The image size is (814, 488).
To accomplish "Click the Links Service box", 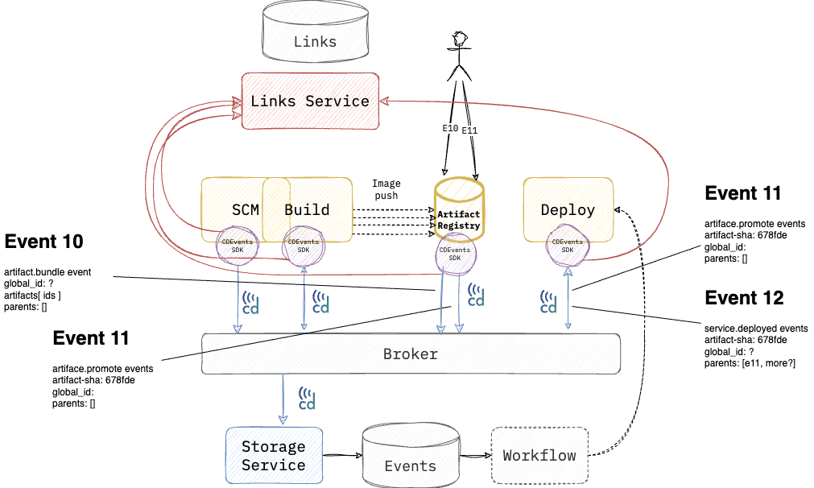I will click(x=310, y=101).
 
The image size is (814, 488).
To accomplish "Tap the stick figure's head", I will click(x=460, y=39).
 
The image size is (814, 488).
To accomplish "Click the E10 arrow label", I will click(x=450, y=128).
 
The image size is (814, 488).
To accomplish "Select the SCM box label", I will click(x=246, y=210).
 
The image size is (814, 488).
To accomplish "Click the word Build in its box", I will click(x=308, y=210).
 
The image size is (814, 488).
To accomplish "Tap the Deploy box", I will click(x=568, y=210).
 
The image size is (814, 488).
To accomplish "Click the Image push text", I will click(x=386, y=190).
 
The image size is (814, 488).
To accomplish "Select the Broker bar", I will click(x=411, y=354).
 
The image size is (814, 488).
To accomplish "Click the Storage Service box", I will click(x=274, y=456).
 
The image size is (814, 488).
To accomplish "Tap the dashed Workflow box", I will click(x=539, y=456).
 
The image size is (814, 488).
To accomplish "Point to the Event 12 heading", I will click(x=743, y=298).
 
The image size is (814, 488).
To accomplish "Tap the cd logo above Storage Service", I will click(x=307, y=399).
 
